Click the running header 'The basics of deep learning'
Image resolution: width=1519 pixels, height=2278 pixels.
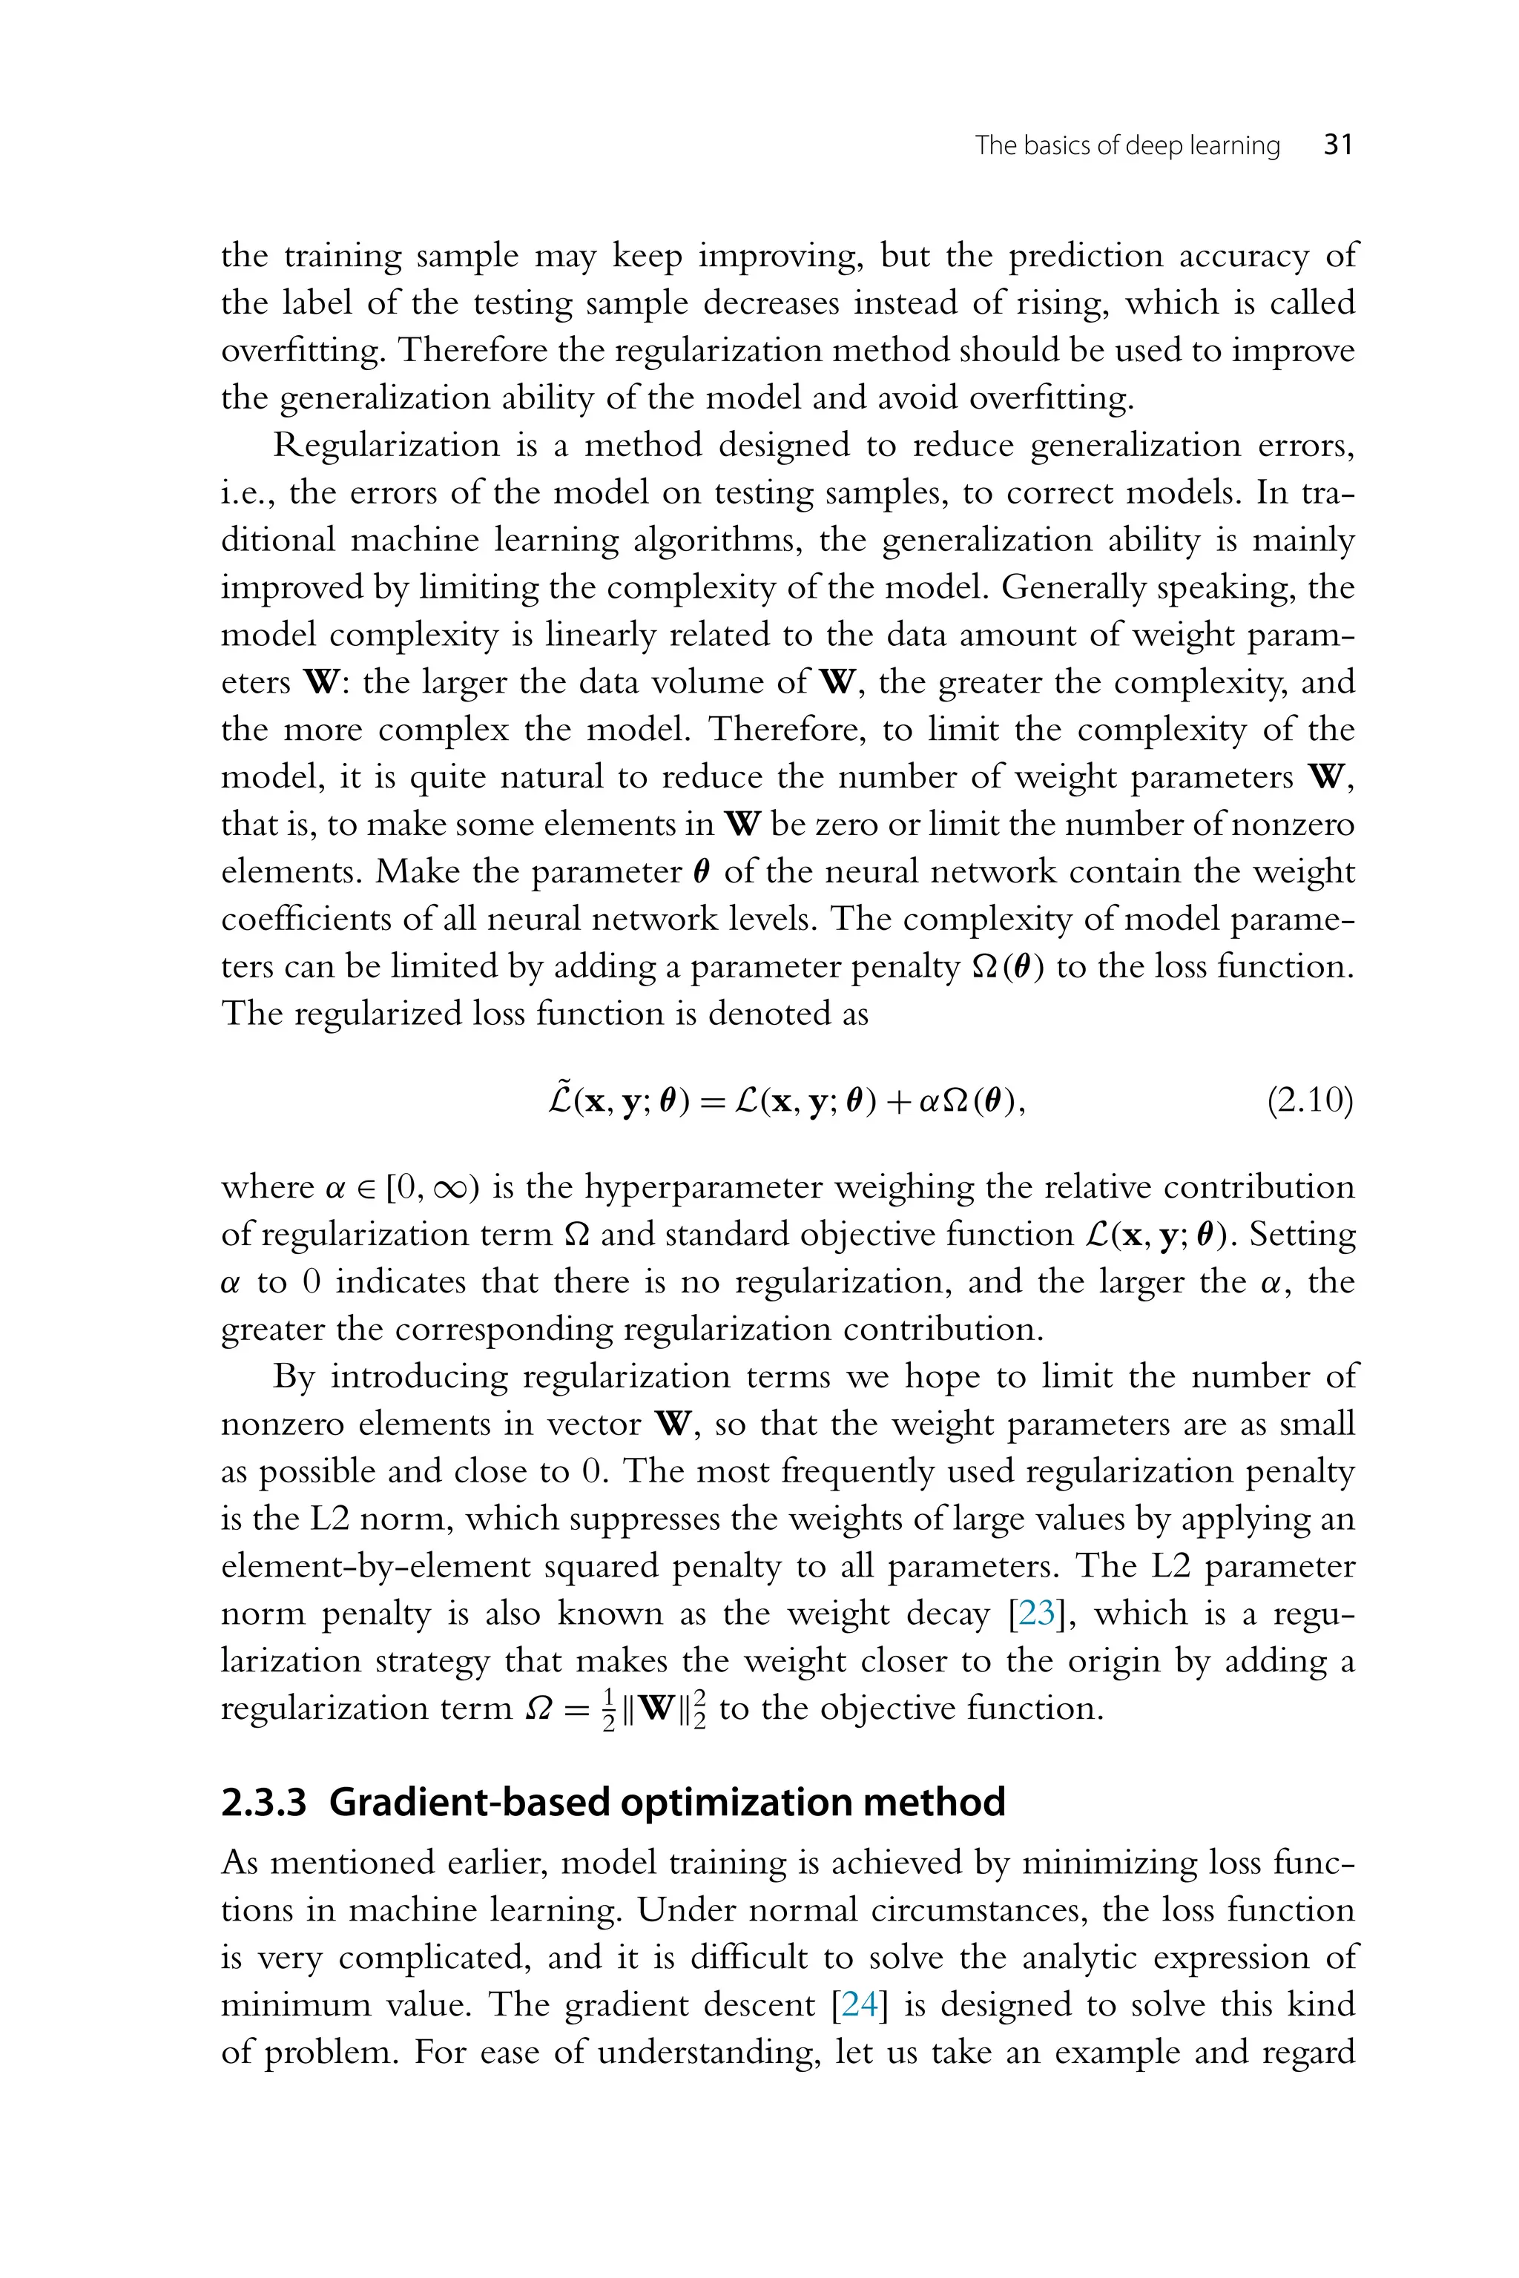tap(1127, 146)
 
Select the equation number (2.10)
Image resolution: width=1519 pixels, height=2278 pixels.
tap(1310, 1102)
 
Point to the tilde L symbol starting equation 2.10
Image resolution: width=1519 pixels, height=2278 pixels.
tap(560, 1100)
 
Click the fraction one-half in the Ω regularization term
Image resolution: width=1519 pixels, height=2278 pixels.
tap(608, 1709)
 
